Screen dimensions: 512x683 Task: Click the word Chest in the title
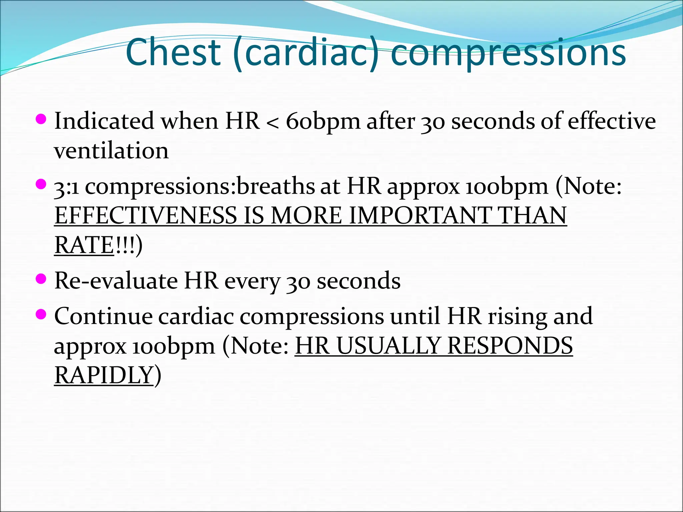coord(173,52)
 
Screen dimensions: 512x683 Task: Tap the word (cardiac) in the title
coord(306,53)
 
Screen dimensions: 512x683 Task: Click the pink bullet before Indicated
coord(41,119)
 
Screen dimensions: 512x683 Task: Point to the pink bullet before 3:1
coord(41,184)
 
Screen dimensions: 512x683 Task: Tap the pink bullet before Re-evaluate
coord(41,279)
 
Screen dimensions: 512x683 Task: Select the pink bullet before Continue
coord(41,314)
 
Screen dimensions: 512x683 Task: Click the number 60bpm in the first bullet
coord(323,121)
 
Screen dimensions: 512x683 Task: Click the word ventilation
coord(111,151)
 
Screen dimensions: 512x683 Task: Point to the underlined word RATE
coord(84,245)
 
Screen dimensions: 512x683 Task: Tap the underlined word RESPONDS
coord(510,346)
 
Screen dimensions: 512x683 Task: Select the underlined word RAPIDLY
coord(104,376)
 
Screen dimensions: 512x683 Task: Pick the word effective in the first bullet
coord(612,121)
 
